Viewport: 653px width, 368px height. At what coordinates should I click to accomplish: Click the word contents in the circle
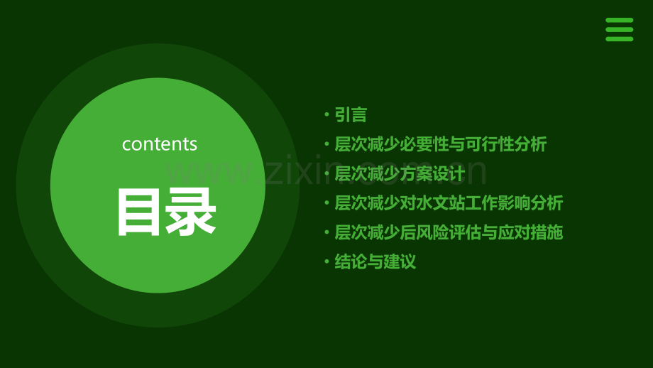click(160, 144)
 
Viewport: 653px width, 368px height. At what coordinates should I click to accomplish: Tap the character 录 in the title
click(190, 212)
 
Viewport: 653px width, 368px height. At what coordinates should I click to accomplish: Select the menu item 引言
click(351, 114)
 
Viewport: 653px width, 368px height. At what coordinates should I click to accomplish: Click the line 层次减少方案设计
click(400, 173)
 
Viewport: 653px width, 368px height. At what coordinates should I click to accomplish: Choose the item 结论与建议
click(375, 261)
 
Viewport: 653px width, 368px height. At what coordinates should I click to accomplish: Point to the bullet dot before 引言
click(326, 114)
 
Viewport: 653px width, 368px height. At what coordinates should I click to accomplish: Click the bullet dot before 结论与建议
click(326, 261)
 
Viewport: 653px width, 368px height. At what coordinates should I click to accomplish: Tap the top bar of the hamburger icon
click(619, 21)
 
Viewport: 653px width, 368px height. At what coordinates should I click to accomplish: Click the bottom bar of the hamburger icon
click(619, 39)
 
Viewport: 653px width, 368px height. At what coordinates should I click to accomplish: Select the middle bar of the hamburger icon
click(619, 30)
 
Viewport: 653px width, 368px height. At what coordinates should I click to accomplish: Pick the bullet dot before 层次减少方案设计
click(326, 173)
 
